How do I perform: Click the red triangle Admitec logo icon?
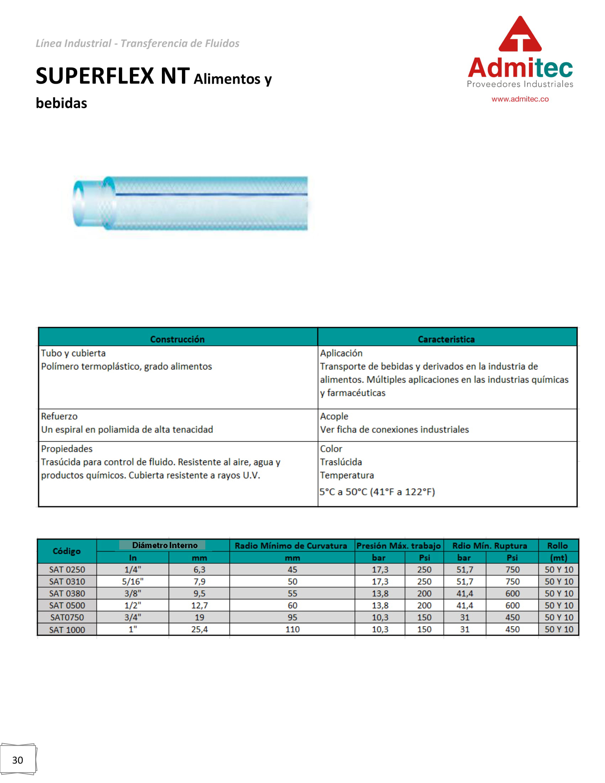520,35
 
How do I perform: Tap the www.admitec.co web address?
520,99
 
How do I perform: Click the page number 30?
17,760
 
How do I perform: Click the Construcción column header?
177,339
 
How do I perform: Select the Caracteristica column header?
446,339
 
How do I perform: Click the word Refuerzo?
59,416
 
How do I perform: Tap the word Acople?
334,416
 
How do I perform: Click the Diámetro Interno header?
164,545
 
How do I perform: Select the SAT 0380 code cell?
67,593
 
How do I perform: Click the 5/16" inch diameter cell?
133,582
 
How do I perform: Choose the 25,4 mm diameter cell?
199,629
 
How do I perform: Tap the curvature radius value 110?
292,629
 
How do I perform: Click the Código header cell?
67,551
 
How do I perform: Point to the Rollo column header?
557,546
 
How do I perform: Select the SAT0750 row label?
67,618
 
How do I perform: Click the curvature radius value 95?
292,618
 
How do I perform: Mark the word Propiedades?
67,448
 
